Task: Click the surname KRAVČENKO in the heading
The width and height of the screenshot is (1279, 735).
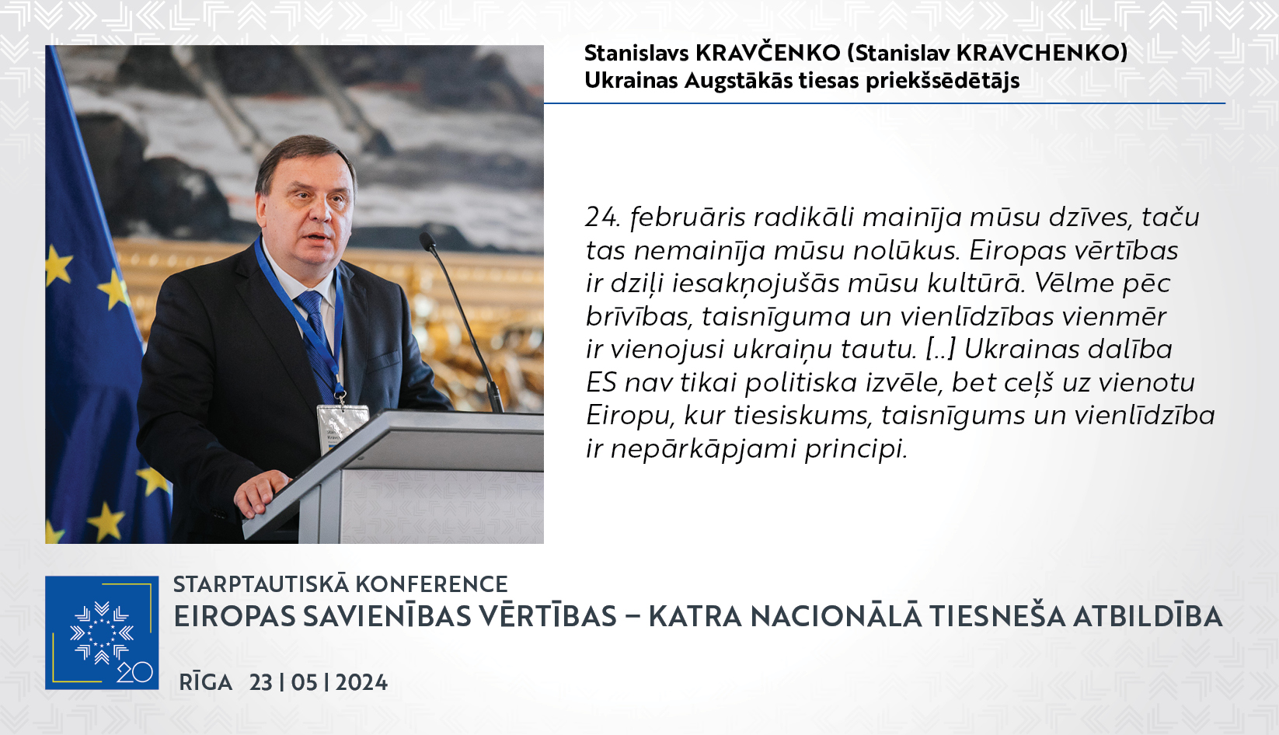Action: (768, 53)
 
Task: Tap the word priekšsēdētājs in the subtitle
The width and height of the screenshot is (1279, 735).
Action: (942, 81)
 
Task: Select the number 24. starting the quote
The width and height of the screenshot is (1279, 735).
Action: (602, 217)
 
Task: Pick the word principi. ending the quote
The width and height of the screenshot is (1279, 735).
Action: (856, 450)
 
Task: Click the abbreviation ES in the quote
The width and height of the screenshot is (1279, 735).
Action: (601, 382)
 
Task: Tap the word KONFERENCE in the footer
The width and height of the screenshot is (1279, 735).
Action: (432, 584)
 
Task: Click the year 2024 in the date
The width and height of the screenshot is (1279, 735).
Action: (361, 682)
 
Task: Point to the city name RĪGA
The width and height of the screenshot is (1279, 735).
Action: (206, 681)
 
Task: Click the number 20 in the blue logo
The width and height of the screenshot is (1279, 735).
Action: (134, 672)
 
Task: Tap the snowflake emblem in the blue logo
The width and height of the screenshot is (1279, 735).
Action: (102, 632)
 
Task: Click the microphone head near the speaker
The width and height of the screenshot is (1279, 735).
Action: (427, 242)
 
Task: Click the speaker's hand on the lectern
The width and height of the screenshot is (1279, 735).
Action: (261, 493)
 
